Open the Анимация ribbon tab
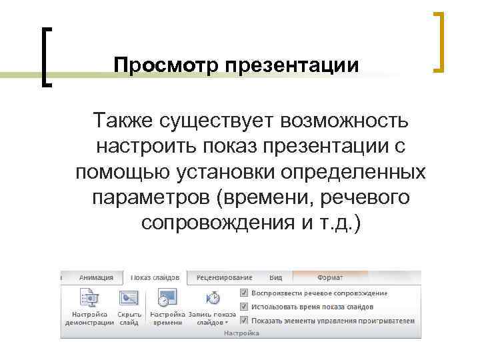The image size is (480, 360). tap(95, 277)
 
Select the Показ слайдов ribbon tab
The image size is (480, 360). tap(155, 277)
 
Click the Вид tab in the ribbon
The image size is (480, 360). tap(275, 277)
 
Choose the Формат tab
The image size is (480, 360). tap(331, 277)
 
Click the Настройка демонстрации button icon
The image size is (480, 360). tap(88, 298)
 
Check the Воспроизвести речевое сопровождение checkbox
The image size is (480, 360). tap(245, 293)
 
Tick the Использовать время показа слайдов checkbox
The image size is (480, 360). tap(245, 307)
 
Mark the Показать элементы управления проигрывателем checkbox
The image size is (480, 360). tap(245, 321)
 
